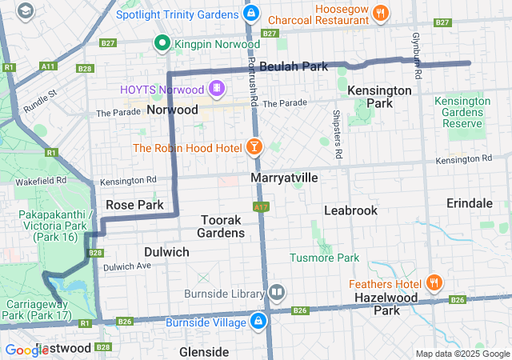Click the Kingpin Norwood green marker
coord(162,43)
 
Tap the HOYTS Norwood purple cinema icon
coord(216,87)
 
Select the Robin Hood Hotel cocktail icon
coord(254,147)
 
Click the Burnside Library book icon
coord(277,292)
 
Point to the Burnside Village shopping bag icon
coord(259,322)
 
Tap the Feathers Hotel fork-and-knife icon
coord(434,283)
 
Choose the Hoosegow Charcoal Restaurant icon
coord(381,12)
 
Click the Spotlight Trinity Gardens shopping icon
coord(251,14)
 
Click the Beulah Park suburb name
coord(294,66)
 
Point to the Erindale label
coord(470,203)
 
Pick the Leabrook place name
coord(350,210)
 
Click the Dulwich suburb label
coord(166,252)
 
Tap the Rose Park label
coord(134,205)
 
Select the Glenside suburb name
coord(204,351)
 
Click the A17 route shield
coord(260,206)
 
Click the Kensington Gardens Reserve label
coord(462,113)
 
